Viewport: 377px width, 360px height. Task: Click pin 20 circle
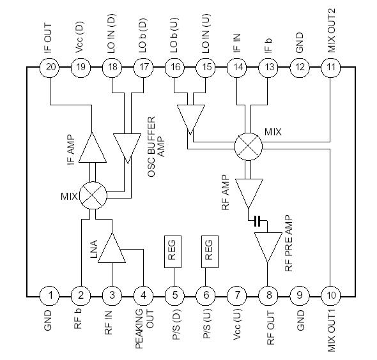pos(49,66)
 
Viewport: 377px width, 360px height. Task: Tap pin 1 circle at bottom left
pos(49,295)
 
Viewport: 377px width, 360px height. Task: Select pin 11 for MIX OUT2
pos(330,66)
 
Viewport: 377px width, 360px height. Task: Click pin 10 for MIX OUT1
pos(330,295)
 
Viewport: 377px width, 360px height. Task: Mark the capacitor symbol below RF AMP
pos(257,221)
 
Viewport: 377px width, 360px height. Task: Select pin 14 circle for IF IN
pos(237,66)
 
